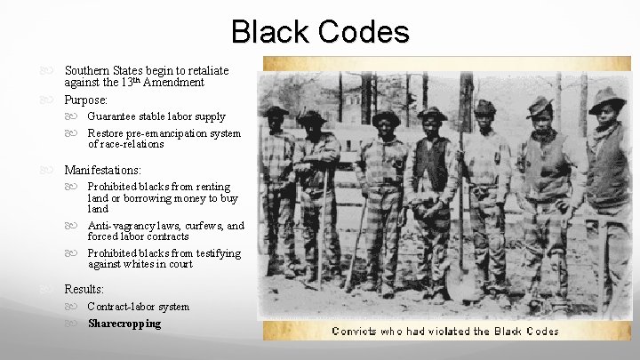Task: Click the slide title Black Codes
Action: coord(320,31)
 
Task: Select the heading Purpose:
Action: coord(85,100)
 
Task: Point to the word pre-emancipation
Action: coord(170,133)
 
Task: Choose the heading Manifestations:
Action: coord(102,169)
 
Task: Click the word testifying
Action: coord(218,253)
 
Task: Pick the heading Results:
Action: coord(84,289)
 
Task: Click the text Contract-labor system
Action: coord(138,307)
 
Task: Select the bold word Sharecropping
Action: coord(124,324)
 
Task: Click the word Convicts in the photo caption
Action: coord(355,331)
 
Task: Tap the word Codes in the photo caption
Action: coord(539,331)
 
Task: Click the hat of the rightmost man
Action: coord(608,95)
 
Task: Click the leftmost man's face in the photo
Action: coord(276,122)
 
